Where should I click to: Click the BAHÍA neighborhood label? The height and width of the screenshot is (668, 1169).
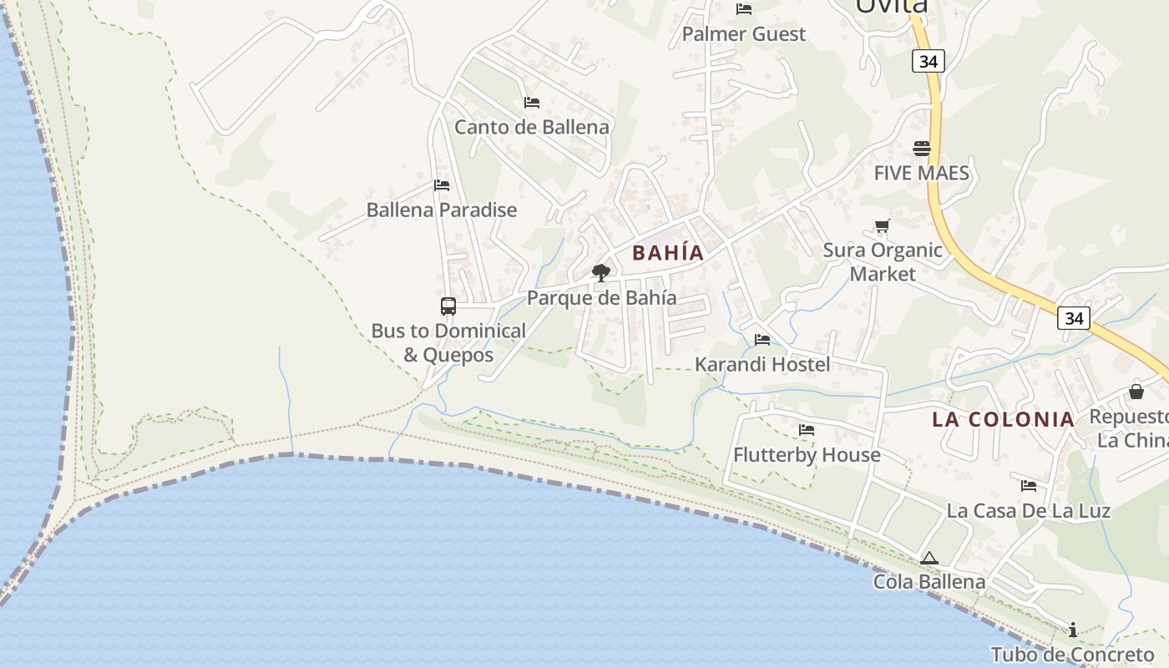pos(668,252)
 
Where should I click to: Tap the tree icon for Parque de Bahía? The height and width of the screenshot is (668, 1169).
pos(600,272)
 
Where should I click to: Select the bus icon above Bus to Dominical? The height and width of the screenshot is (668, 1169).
pos(448,306)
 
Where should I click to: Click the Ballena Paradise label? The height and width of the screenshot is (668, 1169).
pos(442,210)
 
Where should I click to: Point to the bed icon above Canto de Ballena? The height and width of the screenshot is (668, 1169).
pos(532,103)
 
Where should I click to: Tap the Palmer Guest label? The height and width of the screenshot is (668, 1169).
pos(744,34)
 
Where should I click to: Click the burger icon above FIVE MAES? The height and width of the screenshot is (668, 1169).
pos(922,149)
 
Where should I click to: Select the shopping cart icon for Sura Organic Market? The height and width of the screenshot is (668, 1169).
pos(883,225)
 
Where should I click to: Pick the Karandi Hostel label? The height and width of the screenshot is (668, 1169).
pos(762,364)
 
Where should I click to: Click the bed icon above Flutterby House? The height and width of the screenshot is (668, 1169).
pos(807,430)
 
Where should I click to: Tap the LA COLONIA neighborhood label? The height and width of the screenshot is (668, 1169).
pos(1004,419)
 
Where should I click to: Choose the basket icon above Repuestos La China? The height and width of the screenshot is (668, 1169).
pos(1136,391)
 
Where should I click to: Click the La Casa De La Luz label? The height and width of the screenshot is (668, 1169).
pos(1028,510)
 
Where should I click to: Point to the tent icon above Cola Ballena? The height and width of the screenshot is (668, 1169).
pos(929,558)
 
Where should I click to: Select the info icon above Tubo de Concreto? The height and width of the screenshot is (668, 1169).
pos(1073,630)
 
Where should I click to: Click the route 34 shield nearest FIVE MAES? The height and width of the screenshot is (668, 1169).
pos(928,61)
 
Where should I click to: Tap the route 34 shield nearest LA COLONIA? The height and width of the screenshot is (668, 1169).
pos(1074,317)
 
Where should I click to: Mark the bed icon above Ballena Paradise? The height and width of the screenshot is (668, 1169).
pos(442,185)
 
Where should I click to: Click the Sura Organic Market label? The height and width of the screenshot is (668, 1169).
pos(883,261)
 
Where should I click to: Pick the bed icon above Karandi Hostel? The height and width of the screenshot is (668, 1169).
pos(762,340)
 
